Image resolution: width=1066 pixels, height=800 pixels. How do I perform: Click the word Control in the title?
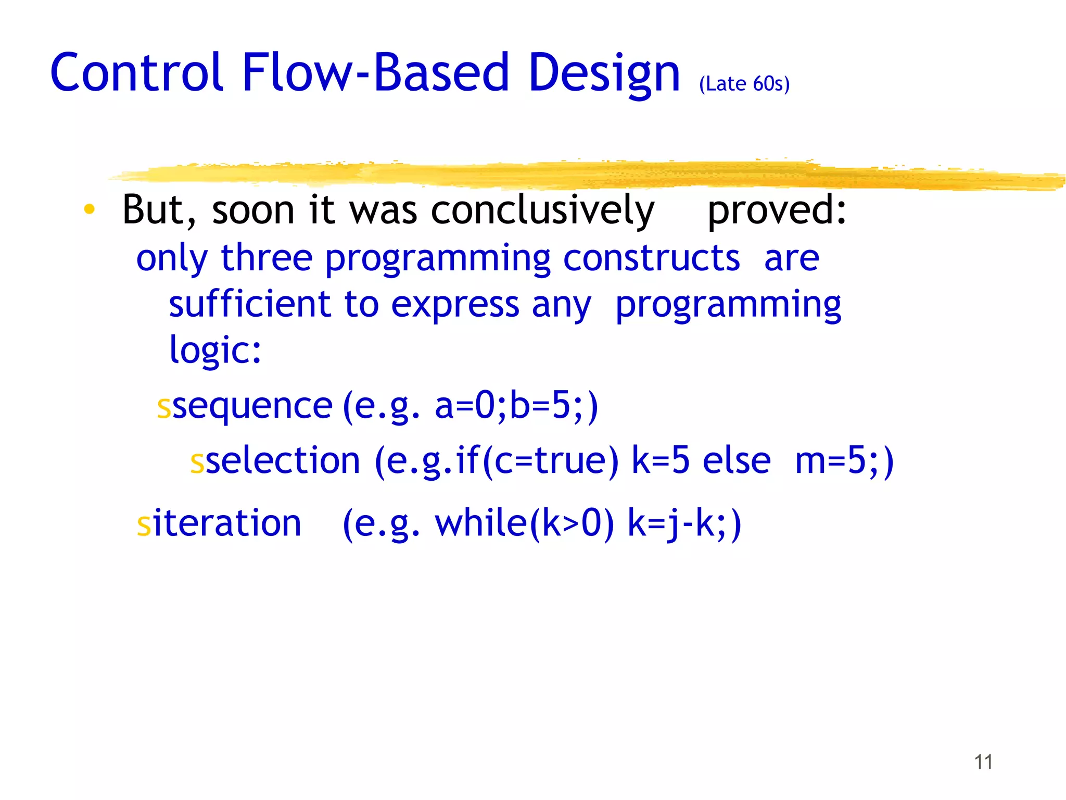pyautogui.click(x=137, y=73)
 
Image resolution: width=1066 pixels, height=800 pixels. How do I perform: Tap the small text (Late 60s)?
pyautogui.click(x=744, y=84)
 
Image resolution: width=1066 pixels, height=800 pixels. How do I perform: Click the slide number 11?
pyautogui.click(x=983, y=762)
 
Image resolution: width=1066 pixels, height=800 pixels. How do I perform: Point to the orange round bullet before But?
pyautogui.click(x=90, y=209)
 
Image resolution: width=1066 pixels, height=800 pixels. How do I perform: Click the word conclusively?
pyautogui.click(x=542, y=210)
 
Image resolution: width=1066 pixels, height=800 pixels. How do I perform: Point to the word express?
pyautogui.click(x=455, y=305)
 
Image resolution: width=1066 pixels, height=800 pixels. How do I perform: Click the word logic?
pyautogui.click(x=215, y=350)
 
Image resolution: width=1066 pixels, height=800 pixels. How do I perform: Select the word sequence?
pyautogui.click(x=252, y=406)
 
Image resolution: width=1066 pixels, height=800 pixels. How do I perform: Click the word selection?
pyautogui.click(x=283, y=461)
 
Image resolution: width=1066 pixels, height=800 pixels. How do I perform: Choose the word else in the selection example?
pyautogui.click(x=737, y=461)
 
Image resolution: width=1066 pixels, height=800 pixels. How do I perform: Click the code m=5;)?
pyautogui.click(x=844, y=461)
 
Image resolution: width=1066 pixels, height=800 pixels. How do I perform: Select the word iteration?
pyautogui.click(x=227, y=523)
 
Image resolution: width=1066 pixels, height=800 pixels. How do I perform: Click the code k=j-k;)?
pyautogui.click(x=684, y=523)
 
